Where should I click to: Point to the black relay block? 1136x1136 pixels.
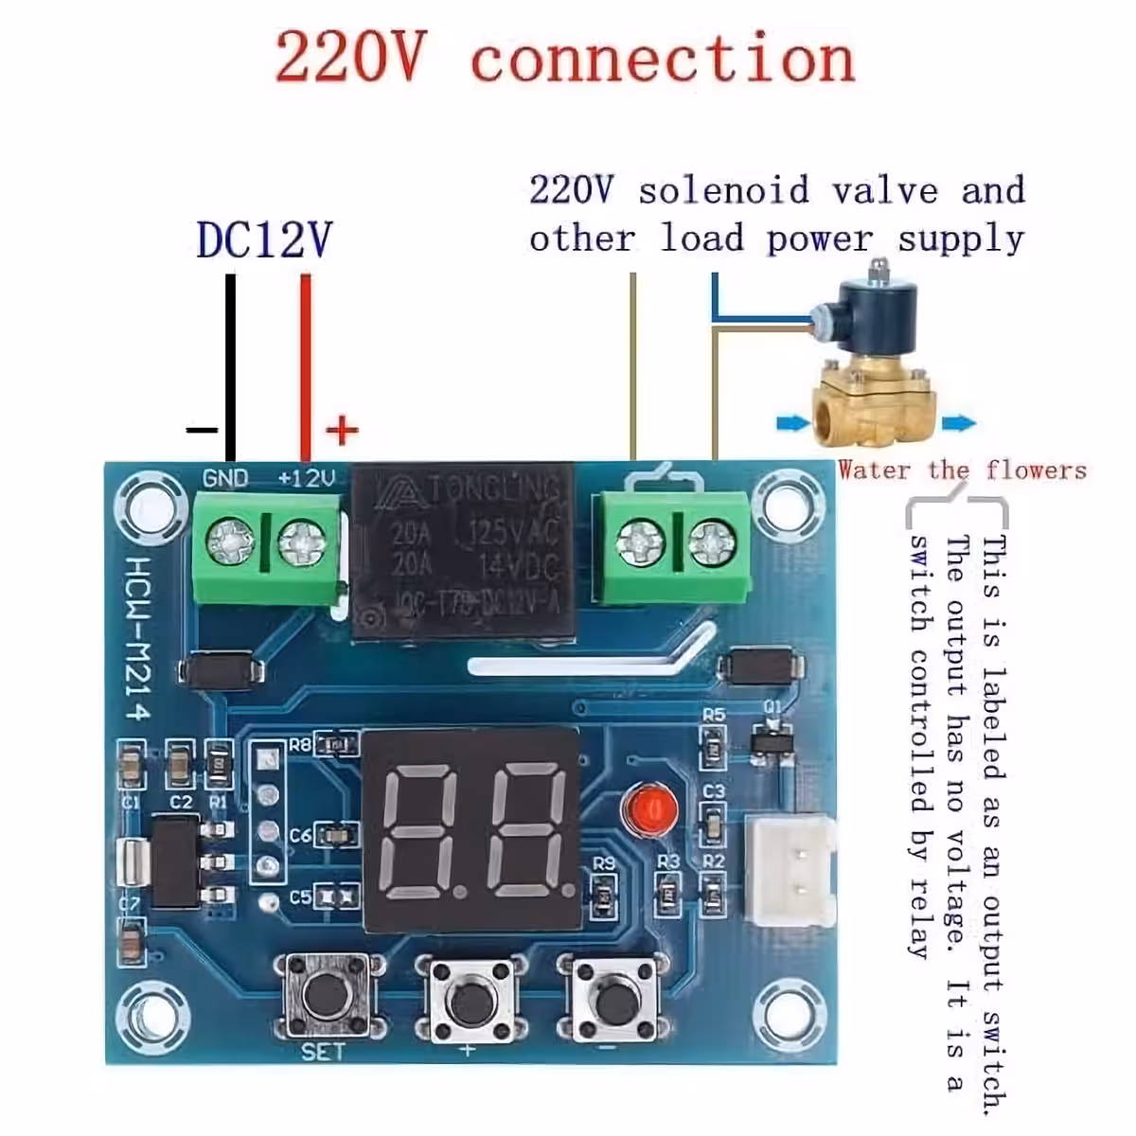point(463,549)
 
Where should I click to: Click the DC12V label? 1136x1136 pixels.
point(264,240)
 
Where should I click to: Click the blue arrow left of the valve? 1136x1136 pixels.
point(792,423)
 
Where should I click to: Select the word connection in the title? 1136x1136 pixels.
point(663,59)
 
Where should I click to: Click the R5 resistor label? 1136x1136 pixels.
point(713,715)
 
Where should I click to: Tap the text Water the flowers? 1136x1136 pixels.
point(962,470)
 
